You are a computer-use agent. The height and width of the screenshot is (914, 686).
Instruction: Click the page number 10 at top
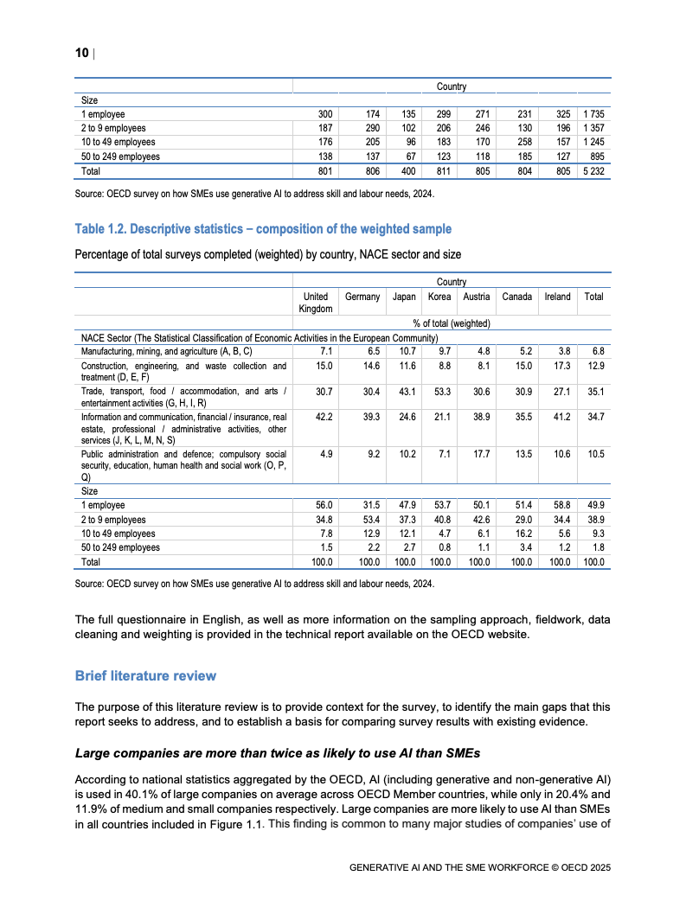[x=81, y=54]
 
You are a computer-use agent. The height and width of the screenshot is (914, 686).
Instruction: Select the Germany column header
[x=362, y=297]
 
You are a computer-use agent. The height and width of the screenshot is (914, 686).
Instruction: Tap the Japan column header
[x=405, y=297]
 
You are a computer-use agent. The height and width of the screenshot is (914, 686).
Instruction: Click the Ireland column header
[x=557, y=297]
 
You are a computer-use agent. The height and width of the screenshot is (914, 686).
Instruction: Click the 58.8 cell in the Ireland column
[x=557, y=505]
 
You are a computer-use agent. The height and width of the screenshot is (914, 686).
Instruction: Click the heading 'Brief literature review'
[x=145, y=675]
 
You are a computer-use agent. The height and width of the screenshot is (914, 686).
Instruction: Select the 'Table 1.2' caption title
[x=263, y=229]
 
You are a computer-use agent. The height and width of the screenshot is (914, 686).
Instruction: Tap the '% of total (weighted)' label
[x=452, y=323]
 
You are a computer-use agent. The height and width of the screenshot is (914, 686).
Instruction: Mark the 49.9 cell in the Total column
[x=593, y=505]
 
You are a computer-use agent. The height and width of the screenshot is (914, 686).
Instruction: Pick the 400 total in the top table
[x=405, y=171]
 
